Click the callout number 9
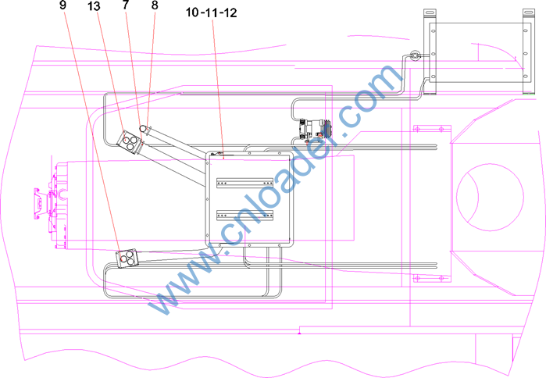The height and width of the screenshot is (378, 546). coord(62,5)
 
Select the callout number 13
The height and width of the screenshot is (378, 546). coord(94,6)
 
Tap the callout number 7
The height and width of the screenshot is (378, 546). coord(126,5)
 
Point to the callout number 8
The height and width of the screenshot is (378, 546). coord(155,5)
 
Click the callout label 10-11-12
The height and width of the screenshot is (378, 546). coord(212,12)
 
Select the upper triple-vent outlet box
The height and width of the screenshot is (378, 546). coord(129,141)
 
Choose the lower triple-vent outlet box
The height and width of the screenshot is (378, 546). coord(127,259)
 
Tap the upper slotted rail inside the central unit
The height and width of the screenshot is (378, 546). coord(244,183)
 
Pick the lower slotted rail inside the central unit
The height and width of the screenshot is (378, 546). coord(244,216)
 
